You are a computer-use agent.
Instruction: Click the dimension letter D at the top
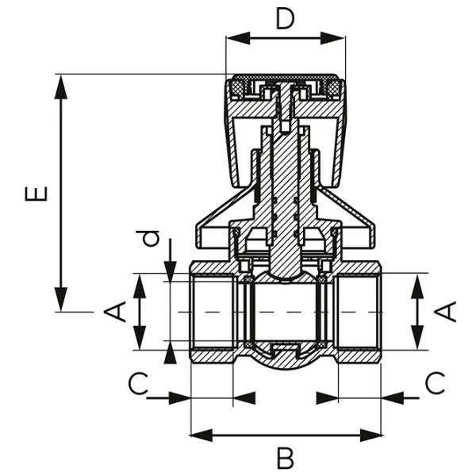tap(285, 17)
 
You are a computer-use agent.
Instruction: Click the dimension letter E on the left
tap(36, 194)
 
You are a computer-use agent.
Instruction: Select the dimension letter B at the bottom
tap(285, 458)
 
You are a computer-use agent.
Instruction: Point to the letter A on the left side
tap(117, 311)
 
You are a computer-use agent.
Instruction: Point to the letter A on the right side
tap(448, 311)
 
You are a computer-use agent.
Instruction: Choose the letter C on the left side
tap(139, 385)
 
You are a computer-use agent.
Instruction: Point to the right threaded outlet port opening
tap(359, 312)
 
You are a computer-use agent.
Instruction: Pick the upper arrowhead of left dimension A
tap(140, 284)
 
